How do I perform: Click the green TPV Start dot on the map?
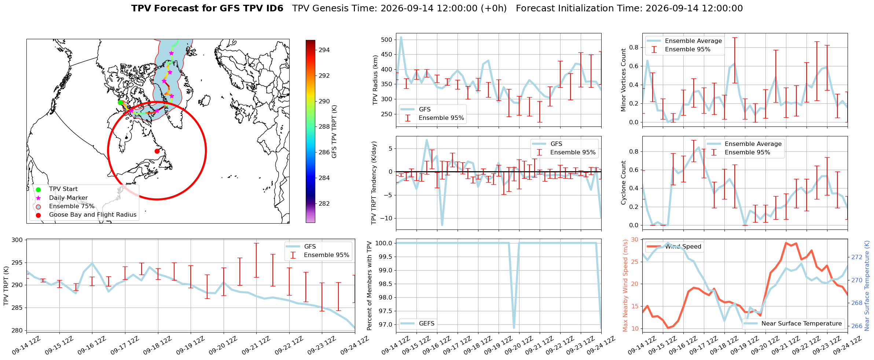coord(120,102)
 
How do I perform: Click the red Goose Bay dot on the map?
coord(157,151)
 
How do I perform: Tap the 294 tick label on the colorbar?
coord(324,50)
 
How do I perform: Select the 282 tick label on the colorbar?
coord(324,203)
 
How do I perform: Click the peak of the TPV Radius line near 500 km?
coord(401,37)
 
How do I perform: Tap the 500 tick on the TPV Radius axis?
coord(387,40)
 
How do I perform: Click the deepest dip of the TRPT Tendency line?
coord(442,225)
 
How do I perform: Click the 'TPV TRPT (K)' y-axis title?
coord(6,286)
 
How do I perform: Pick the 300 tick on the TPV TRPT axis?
coord(19,240)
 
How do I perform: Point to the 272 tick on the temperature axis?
coord(856,257)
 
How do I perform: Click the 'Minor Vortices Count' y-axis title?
coord(624,80)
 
